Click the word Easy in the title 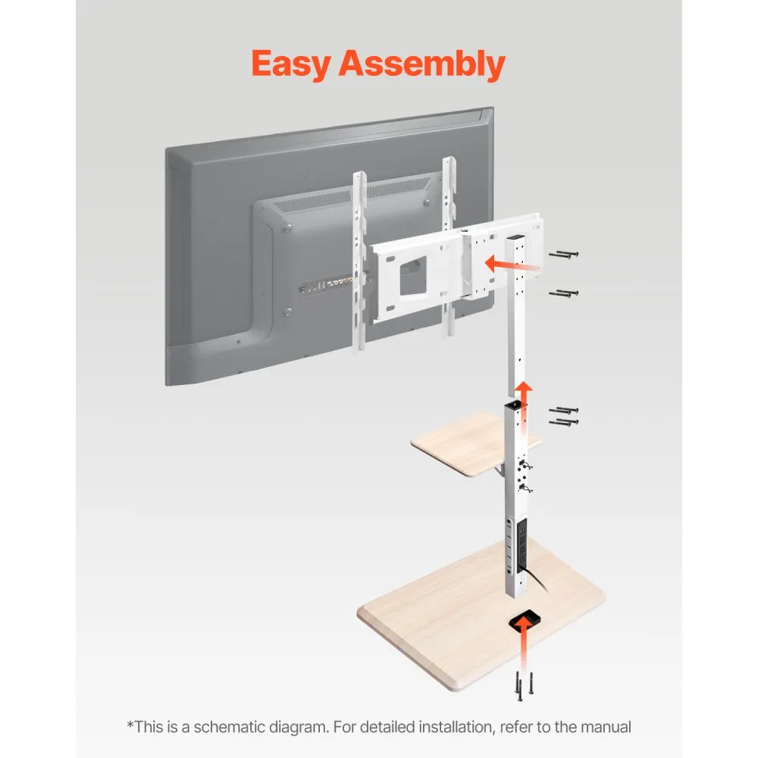(291, 64)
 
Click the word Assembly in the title (421, 64)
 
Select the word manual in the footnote (606, 727)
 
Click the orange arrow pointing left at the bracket (512, 265)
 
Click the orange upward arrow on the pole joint (522, 401)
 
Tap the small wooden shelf (474, 443)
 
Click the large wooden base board (481, 614)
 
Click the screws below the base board (524, 685)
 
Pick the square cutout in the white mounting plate (413, 276)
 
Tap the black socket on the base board (524, 619)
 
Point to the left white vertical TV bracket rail (359, 261)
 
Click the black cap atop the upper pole (515, 238)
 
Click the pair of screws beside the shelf (563, 415)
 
